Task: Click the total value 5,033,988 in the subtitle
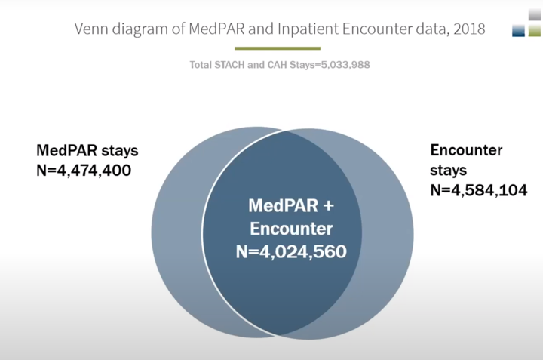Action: pos(342,65)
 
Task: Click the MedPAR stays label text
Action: pos(87,150)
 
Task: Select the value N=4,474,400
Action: pos(84,170)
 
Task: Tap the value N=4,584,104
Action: pos(477,189)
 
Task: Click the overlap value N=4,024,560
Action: pos(291,251)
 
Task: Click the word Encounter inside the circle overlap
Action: pos(291,229)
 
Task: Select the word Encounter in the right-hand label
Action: pos(466,150)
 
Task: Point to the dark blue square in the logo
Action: pos(518,30)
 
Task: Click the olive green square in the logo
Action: pos(534,30)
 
